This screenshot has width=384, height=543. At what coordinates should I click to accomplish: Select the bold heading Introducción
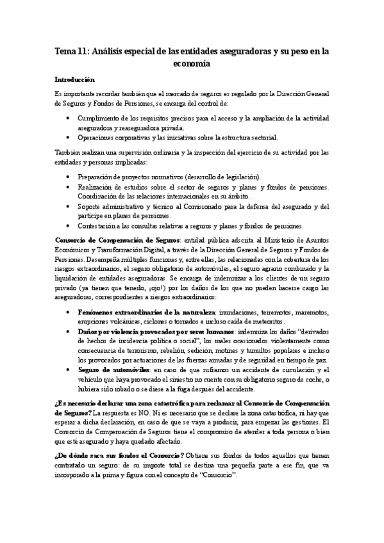coord(74,80)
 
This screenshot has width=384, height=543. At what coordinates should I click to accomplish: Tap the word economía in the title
coord(192,64)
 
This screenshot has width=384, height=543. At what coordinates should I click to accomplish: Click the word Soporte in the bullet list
coord(90,206)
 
